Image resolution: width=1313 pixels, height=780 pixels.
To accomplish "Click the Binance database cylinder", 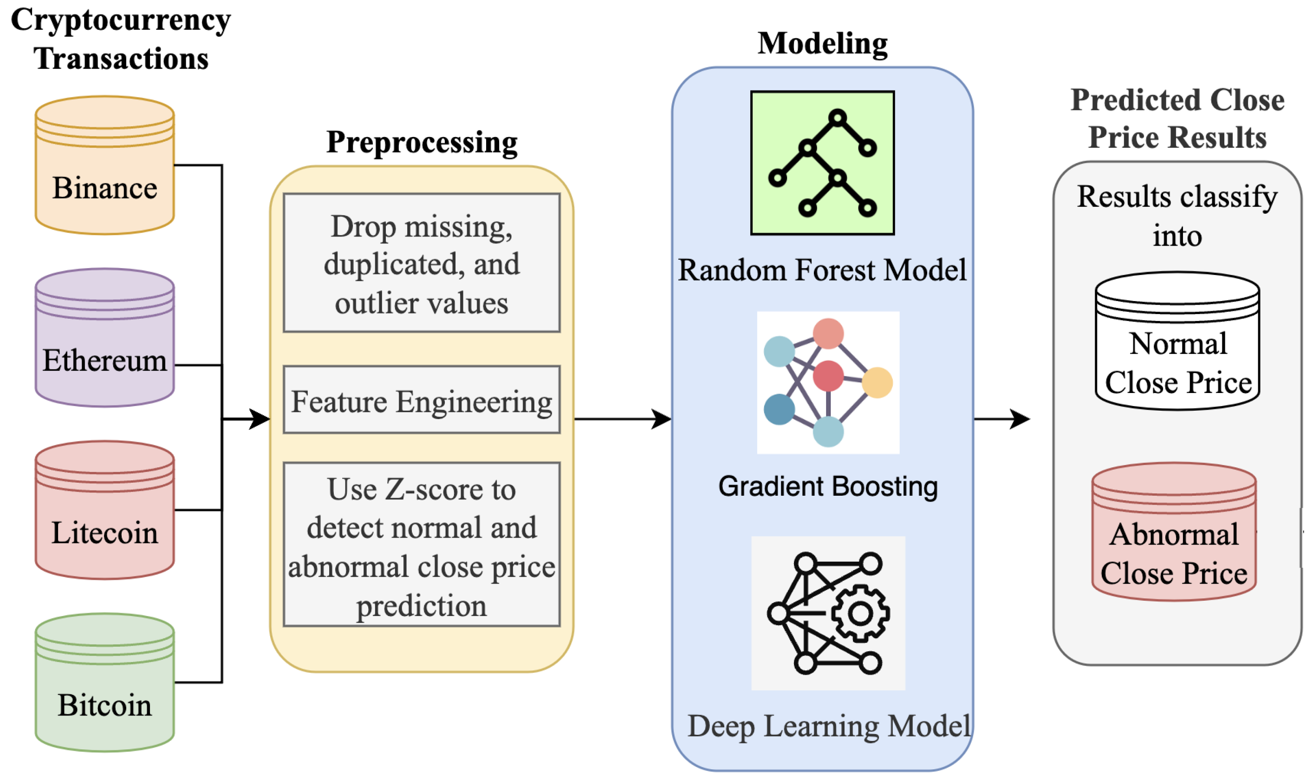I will point(104,165).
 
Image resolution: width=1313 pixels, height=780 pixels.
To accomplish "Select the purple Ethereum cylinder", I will point(104,338).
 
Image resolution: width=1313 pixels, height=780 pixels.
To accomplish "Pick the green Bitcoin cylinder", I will point(104,682).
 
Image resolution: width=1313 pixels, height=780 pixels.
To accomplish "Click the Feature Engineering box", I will point(421,400).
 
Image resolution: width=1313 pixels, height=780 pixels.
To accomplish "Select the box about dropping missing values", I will point(421,263).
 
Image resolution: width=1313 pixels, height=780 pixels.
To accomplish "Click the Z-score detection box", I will point(421,544).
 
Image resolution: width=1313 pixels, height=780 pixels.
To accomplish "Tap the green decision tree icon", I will point(822,163).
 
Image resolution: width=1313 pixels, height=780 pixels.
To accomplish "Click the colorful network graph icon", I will point(828,383).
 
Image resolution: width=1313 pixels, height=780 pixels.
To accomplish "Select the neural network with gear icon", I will point(828,613).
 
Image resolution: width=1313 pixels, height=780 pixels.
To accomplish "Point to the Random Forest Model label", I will point(822,270).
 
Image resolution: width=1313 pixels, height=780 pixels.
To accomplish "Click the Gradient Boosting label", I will point(828,486).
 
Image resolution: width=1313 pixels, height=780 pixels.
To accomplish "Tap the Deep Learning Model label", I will point(829,726).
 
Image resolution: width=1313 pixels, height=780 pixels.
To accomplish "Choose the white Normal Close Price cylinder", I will point(1177,341).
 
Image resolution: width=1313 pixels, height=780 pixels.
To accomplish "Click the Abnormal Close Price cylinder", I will point(1174,532).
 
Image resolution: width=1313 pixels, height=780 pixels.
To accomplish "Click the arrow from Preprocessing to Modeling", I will point(622,419).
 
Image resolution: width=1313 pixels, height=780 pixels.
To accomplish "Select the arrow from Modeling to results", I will point(1001,419).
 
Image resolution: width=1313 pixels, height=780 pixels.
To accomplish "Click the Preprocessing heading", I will point(422,142).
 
